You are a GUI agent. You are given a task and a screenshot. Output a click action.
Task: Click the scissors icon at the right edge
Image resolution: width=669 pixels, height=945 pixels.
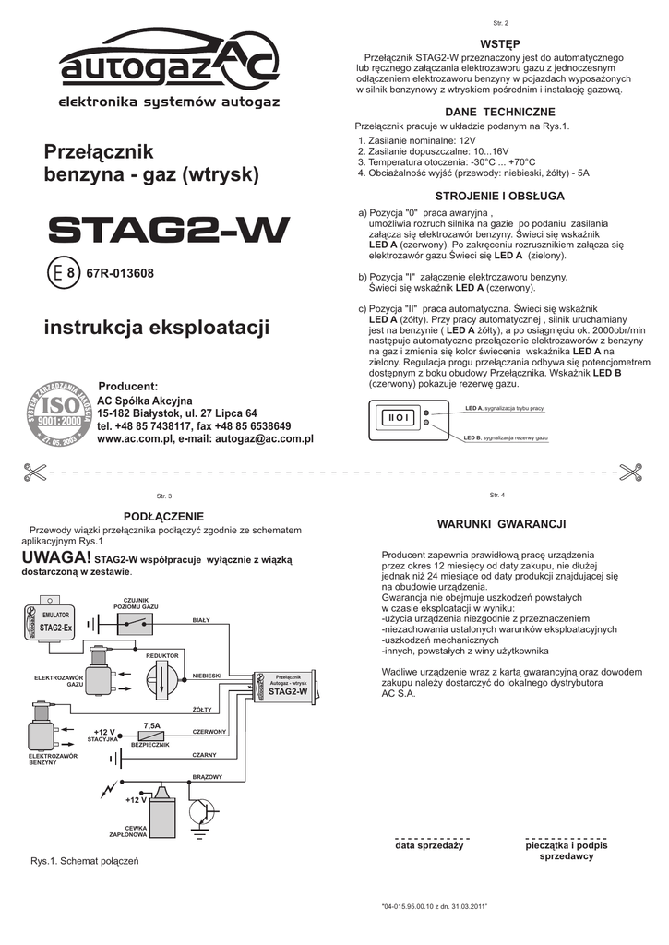[632, 471]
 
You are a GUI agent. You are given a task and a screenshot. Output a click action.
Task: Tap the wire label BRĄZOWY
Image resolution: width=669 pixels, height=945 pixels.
[208, 777]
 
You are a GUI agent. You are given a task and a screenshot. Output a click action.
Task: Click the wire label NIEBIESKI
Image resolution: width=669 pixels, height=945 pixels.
[207, 676]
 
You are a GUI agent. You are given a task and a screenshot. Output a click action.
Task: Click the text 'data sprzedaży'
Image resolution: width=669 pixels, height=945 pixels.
[429, 845]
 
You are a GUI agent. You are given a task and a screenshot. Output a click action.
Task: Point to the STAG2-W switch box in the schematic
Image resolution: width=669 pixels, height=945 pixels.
[287, 687]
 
